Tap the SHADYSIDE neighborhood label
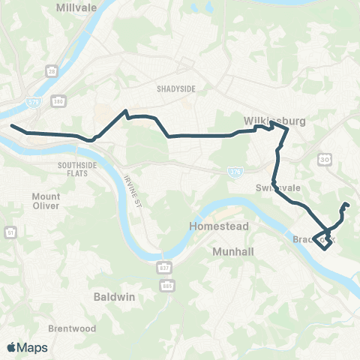[176, 88]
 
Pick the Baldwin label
[114, 296]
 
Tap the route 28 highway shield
[52, 71]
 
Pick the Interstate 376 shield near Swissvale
[234, 172]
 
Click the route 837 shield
[164, 268]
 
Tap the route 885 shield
[164, 285]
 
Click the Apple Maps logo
[28, 347]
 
